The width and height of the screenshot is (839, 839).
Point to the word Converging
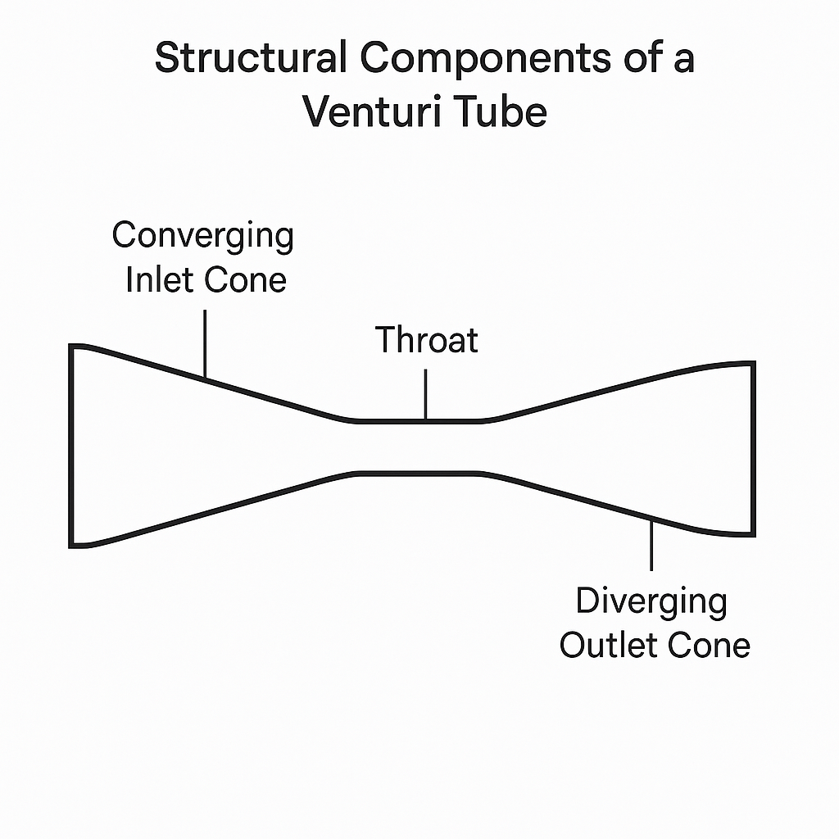point(202,237)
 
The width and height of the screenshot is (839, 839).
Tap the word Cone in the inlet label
point(246,280)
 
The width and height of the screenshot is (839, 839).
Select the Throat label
point(426,339)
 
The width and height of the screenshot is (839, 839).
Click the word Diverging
point(651,601)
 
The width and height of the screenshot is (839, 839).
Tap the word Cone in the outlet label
point(710,645)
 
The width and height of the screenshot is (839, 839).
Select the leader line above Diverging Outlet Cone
point(651,544)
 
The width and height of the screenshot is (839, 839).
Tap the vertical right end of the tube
point(752,449)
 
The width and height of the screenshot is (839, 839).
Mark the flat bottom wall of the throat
point(414,473)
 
